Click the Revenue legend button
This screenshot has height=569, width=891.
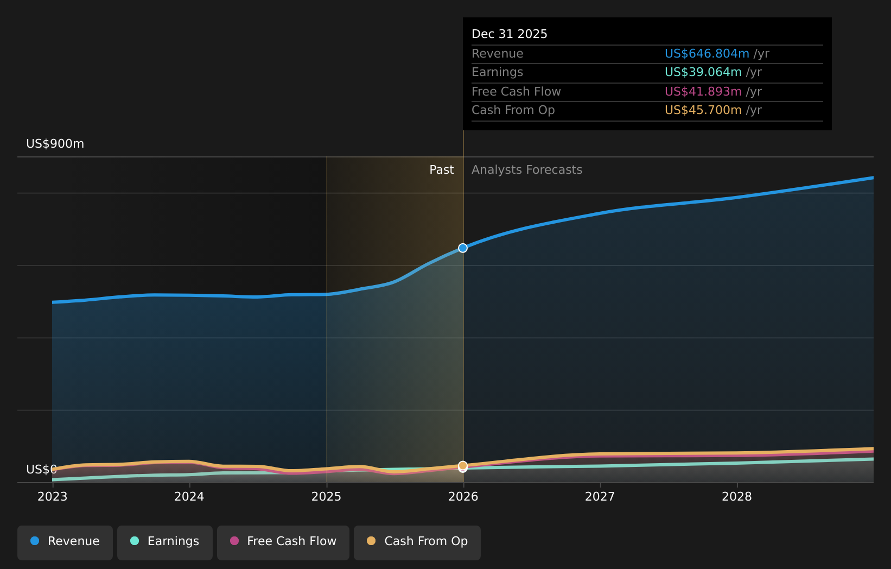coord(65,541)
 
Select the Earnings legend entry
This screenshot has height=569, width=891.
coord(165,541)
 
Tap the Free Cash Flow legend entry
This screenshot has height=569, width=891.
coord(283,541)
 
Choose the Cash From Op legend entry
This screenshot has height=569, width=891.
coord(417,541)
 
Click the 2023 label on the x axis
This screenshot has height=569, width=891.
coord(52,497)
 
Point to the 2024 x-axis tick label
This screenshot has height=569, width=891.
coord(189,497)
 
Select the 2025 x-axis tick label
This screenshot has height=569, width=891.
coord(326,497)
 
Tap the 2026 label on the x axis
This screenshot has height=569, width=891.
coord(463,497)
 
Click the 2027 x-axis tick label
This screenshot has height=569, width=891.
coord(600,497)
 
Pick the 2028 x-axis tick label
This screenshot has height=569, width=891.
coord(736,497)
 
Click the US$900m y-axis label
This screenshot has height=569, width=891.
coord(55,144)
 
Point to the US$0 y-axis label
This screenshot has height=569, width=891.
coord(41,470)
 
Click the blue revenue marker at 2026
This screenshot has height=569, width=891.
coord(463,248)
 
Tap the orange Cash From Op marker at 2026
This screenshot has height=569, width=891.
coord(463,465)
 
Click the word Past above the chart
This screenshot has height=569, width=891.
coord(441,170)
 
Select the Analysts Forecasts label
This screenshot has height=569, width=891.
coord(526,170)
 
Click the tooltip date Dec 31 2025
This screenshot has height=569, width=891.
coord(509,34)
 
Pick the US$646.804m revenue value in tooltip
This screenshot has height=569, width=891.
coord(707,54)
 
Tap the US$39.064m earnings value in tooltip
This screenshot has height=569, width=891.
coord(703,72)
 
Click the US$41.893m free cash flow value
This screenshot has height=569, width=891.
coord(703,92)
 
